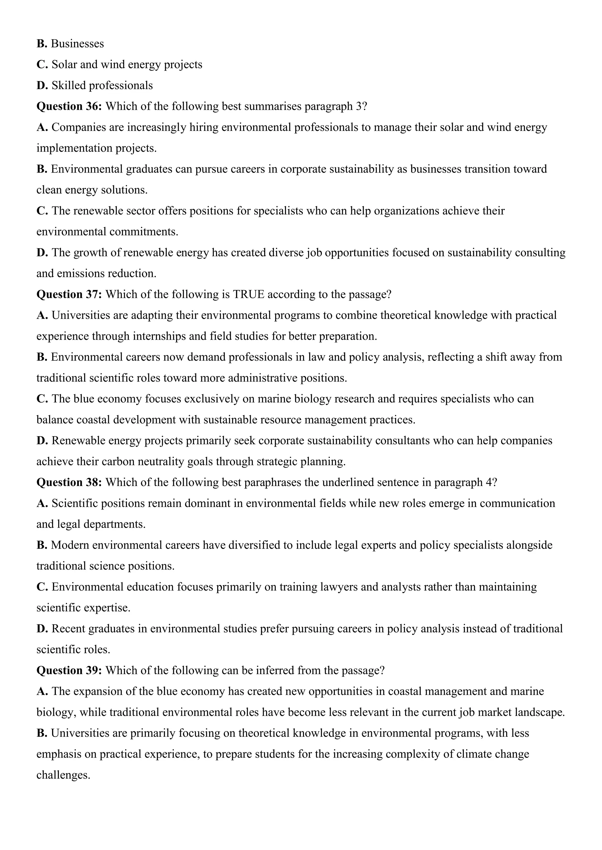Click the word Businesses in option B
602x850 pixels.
[78, 44]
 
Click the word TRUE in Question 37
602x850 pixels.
[249, 295]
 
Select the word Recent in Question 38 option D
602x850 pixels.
[68, 629]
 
